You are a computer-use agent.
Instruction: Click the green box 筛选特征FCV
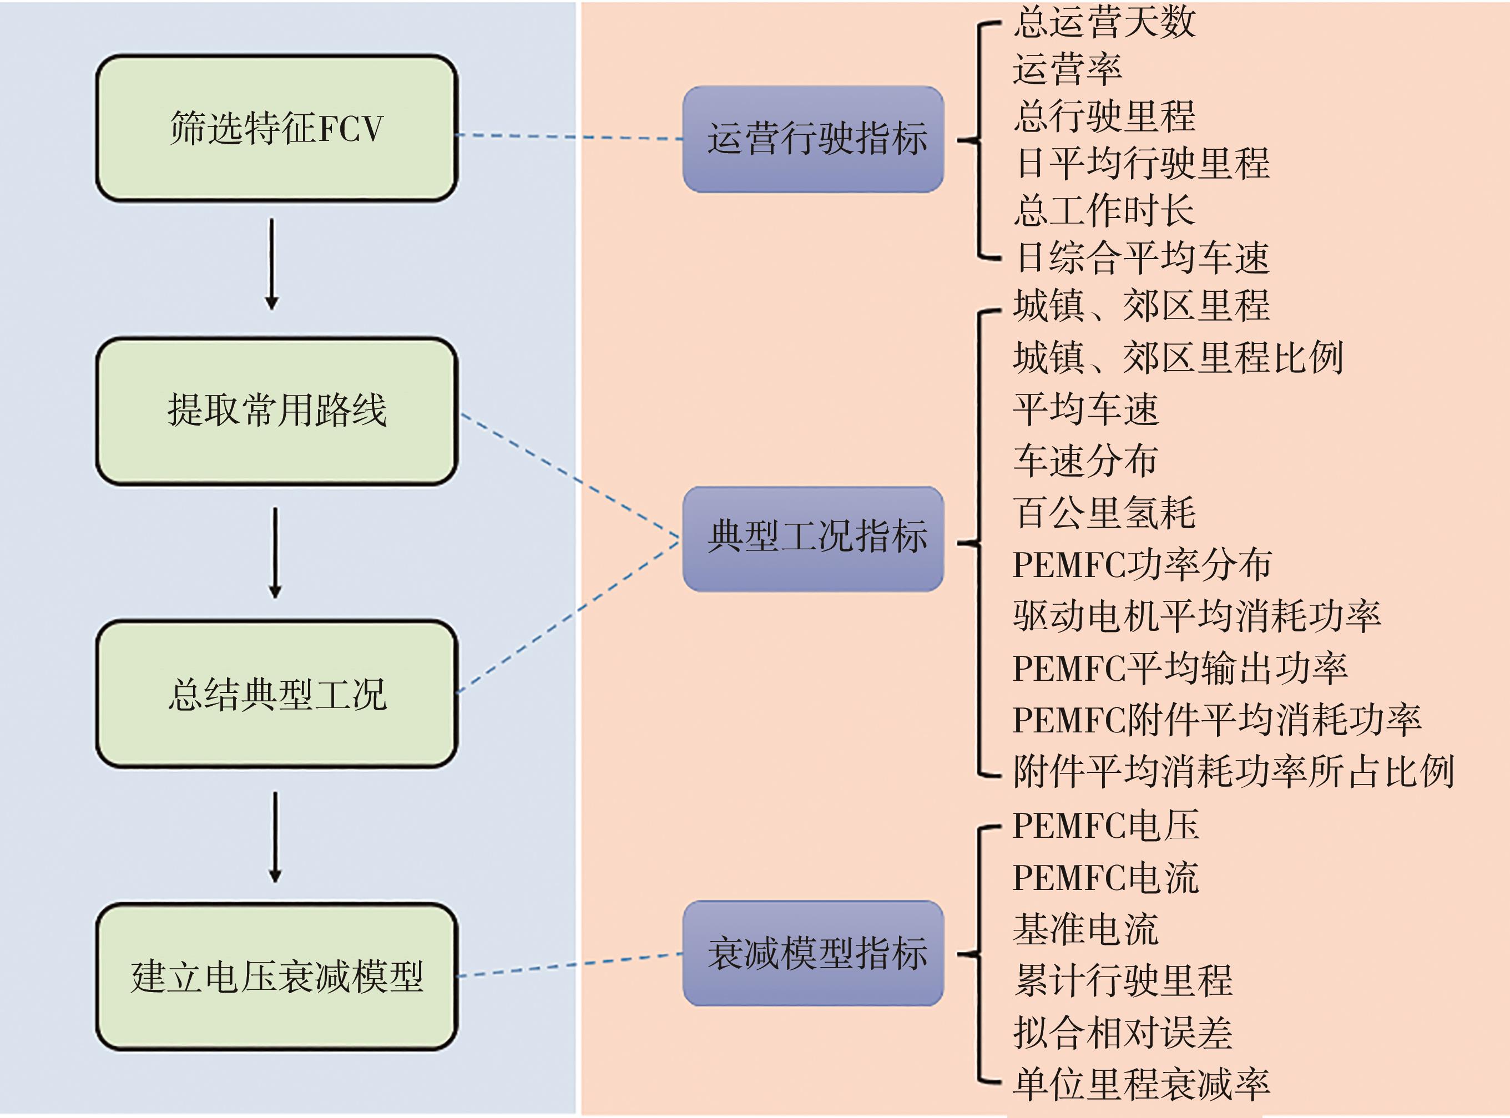pos(276,129)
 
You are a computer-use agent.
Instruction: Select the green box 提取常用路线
pos(276,411)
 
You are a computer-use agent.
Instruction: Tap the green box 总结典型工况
pos(276,694)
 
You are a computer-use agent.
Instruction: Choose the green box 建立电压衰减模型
pos(276,977)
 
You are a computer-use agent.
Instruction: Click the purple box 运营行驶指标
pos(813,139)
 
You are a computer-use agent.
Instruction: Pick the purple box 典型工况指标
pos(813,539)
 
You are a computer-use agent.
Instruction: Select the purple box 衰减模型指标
pos(813,953)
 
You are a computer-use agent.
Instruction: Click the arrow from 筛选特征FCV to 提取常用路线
pos(272,264)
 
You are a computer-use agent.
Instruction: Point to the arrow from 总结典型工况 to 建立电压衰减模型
pos(275,837)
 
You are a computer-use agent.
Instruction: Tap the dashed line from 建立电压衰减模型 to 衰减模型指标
pos(568,965)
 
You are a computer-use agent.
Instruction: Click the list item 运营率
pos(1067,69)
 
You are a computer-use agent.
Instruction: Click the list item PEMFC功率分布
pos(1141,564)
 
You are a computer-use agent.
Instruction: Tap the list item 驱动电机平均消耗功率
pos(1196,616)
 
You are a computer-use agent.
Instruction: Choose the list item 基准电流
pos(1085,929)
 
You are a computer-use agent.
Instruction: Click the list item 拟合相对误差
pos(1122,1033)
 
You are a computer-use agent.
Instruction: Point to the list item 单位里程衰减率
pos(1141,1084)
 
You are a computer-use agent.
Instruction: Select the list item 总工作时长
pos(1104,210)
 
